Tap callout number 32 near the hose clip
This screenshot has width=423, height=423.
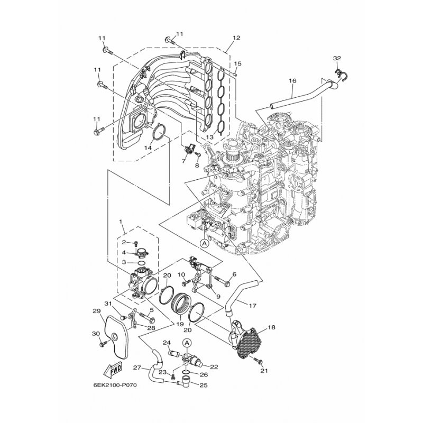[337, 58]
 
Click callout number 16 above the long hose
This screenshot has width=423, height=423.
[292, 81]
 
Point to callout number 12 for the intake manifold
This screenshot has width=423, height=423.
[236, 38]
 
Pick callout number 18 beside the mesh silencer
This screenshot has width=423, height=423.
[272, 327]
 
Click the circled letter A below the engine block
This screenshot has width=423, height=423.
[205, 243]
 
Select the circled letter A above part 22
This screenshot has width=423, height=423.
[187, 343]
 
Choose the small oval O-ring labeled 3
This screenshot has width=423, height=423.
[142, 262]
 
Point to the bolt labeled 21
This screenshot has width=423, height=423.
[259, 360]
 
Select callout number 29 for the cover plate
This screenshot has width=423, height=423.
[96, 311]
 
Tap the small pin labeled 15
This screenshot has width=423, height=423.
[235, 73]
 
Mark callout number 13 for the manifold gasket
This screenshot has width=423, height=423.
[209, 137]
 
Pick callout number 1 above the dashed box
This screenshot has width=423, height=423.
[121, 222]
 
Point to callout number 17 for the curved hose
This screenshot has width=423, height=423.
[253, 306]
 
